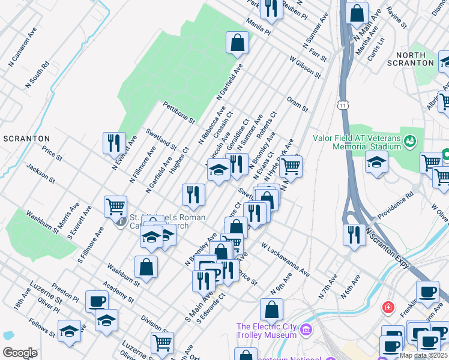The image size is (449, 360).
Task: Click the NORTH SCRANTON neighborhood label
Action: pyautogui.click(x=411, y=59)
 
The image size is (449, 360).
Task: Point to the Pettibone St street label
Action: pyautogui.click(x=179, y=112)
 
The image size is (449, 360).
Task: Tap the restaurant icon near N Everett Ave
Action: pyautogui.click(x=114, y=143)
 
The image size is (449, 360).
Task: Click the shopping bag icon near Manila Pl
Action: pyautogui.click(x=237, y=43)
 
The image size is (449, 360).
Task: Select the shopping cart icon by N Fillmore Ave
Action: pyautogui.click(x=115, y=207)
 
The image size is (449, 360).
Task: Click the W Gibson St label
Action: pyautogui.click(x=304, y=67)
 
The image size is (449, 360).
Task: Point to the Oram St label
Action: pyautogui.click(x=297, y=103)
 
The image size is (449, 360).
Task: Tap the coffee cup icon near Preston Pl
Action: pyautogui.click(x=97, y=301)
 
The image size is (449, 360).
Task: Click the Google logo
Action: pyautogui.click(x=20, y=353)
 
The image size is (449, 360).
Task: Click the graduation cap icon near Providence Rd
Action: pyautogui.click(x=376, y=162)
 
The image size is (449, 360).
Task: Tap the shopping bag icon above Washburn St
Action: pyautogui.click(x=146, y=266)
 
